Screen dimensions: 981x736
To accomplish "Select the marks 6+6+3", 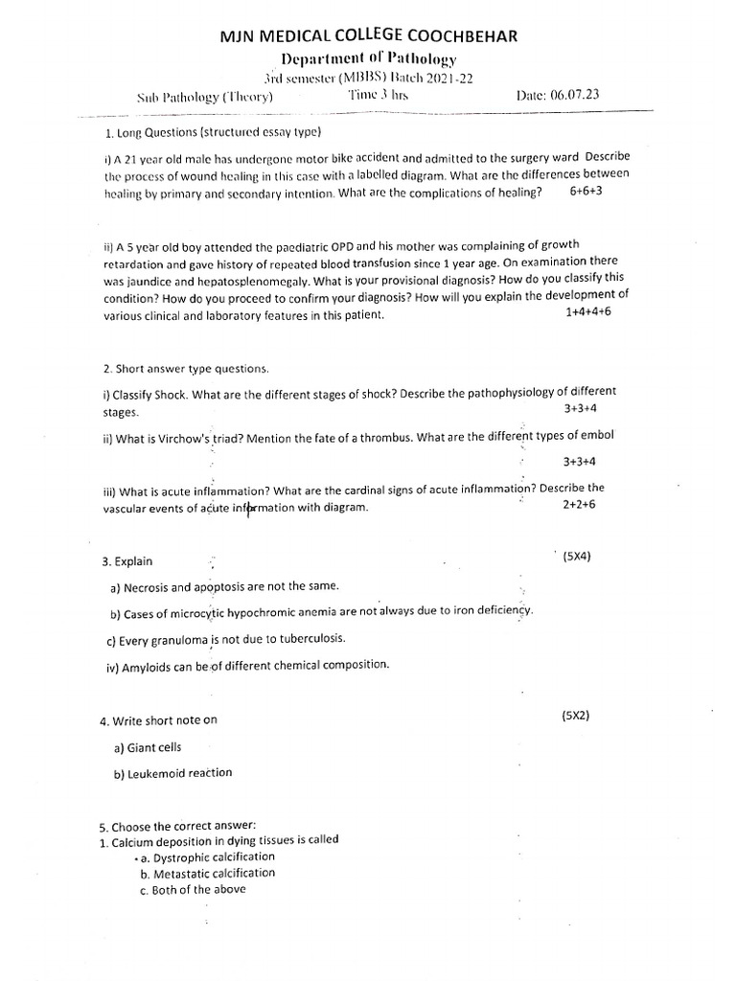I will [x=586, y=192].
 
